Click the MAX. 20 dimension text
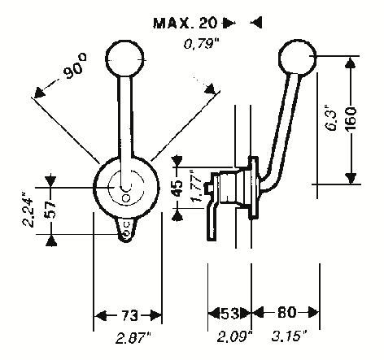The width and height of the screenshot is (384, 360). [x=185, y=23]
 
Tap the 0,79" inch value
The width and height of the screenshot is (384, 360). [x=201, y=43]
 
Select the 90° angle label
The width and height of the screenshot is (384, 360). [x=75, y=66]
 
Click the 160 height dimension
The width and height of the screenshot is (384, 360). [x=351, y=119]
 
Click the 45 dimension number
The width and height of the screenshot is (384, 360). [x=178, y=188]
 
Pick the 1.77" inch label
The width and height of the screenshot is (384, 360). [x=196, y=186]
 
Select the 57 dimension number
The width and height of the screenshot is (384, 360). [x=50, y=210]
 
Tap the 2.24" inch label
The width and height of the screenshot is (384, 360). [x=28, y=210]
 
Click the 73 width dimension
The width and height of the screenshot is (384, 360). [x=129, y=315]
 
